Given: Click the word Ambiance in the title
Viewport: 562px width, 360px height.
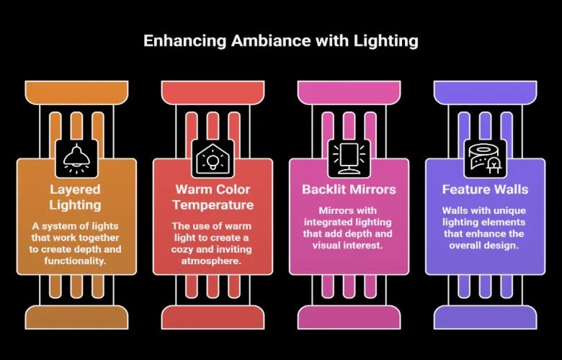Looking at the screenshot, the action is [271, 40].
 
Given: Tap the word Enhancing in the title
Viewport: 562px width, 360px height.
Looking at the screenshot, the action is [185, 41].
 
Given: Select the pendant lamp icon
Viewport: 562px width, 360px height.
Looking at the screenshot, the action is [76, 158].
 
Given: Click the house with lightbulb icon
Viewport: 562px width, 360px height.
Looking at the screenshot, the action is [213, 158].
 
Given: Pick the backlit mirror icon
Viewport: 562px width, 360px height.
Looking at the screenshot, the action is [349, 158].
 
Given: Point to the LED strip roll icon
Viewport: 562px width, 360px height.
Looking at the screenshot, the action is [485, 158].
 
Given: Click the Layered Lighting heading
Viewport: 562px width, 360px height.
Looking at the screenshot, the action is [75, 197].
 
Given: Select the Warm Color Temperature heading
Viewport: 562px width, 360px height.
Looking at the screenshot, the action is [213, 197].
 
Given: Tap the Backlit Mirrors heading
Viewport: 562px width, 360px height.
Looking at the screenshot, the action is [349, 189].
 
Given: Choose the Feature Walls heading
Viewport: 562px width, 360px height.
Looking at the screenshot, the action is [485, 189].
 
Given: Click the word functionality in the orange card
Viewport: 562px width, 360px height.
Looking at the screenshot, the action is [75, 261].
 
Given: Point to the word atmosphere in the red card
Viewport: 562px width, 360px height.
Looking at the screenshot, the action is [211, 261].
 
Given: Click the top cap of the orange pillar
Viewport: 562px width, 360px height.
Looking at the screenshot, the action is [76, 93].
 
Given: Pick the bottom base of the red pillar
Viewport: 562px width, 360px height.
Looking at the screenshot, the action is [213, 318].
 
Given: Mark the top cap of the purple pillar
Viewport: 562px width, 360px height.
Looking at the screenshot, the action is [485, 93].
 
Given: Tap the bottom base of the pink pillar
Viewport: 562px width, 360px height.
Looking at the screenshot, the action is [349, 318].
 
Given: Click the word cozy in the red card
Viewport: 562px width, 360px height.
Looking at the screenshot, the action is [182, 250].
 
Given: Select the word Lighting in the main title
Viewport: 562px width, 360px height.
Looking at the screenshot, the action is [386, 41].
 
